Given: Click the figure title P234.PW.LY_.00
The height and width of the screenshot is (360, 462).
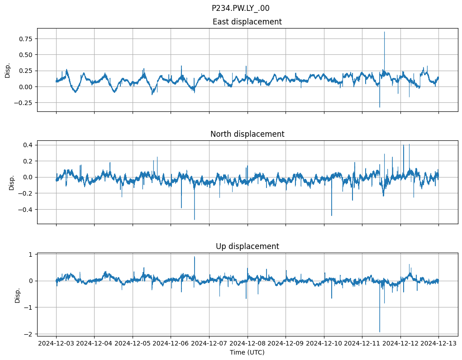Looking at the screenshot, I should coord(240,8).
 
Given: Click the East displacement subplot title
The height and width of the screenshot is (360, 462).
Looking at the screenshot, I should coord(247,22).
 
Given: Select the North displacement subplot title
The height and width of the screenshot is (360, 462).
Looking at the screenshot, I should coord(247,134).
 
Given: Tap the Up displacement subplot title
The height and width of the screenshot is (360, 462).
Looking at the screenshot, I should coord(247,246).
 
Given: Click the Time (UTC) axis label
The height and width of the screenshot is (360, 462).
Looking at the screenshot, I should coord(247,352).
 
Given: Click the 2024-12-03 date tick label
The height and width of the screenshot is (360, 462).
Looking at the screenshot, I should coord(56,344).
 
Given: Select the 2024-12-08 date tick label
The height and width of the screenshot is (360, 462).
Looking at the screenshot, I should coord(248,344).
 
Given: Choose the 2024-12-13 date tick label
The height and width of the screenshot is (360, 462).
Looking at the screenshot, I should coord(438,344).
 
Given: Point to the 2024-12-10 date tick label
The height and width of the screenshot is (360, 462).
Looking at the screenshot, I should coord(324,344).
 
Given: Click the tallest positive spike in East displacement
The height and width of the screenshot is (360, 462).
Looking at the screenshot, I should coord(385,32).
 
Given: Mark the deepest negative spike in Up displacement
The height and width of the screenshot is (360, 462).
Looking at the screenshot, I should coord(380,331).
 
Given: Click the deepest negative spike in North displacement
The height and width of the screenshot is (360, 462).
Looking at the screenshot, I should coord(195,219).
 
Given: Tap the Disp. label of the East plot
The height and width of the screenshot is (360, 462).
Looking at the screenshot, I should coord(8,70).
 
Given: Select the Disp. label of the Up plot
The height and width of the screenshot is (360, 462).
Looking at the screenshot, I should coord(18,295).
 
